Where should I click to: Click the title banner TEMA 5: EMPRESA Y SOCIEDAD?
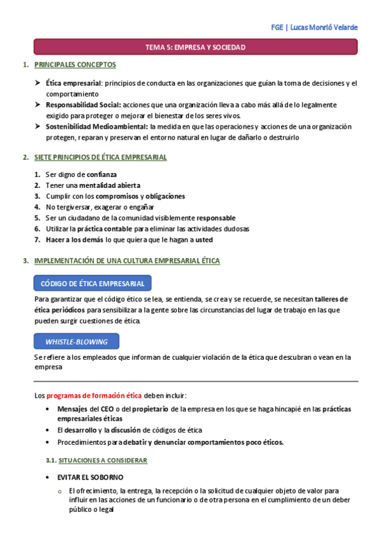195,47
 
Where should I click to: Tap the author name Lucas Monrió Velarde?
324,27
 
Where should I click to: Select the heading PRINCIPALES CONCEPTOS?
75,65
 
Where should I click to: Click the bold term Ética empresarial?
73,83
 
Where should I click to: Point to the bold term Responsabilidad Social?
83,105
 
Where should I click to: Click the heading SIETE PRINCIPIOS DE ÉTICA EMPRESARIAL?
100,157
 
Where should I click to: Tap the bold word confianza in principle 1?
102,174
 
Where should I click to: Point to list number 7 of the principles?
37,240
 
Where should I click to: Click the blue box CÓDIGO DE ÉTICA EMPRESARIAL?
92,283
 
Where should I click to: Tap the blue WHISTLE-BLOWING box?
76,341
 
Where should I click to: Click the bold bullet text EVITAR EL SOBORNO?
90,477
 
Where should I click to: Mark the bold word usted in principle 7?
204,240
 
